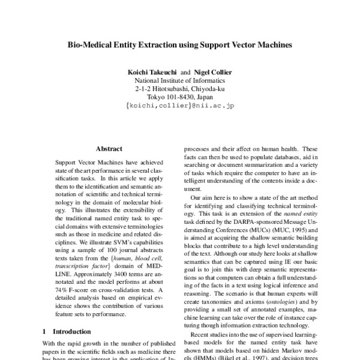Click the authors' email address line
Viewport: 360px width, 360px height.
[180, 106]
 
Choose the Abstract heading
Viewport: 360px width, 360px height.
[109, 148]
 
